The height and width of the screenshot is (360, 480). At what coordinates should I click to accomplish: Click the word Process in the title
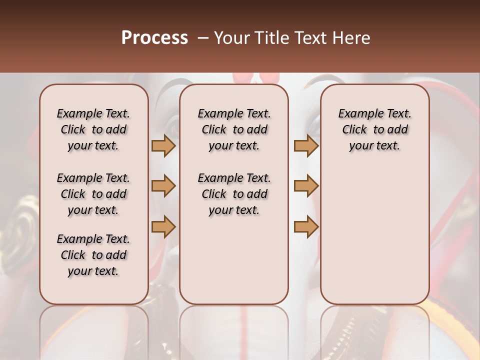pyautogui.click(x=154, y=38)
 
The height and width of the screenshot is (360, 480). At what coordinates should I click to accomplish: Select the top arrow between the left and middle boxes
pyautogui.click(x=163, y=145)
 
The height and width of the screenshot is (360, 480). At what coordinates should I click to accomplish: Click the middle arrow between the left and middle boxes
pyautogui.click(x=163, y=186)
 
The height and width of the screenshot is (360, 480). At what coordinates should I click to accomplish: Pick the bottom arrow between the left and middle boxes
pyautogui.click(x=163, y=226)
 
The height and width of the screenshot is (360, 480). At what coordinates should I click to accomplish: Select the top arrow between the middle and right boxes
pyautogui.click(x=306, y=145)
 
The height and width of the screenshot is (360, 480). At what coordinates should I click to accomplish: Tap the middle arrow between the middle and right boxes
pyautogui.click(x=306, y=186)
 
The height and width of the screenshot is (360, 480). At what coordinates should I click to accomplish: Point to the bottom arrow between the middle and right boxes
pyautogui.click(x=306, y=226)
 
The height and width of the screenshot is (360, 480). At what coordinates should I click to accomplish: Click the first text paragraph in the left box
pyautogui.click(x=93, y=129)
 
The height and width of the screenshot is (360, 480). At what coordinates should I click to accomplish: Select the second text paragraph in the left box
pyautogui.click(x=93, y=194)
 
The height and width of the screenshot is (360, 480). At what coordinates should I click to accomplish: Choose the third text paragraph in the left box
pyautogui.click(x=93, y=255)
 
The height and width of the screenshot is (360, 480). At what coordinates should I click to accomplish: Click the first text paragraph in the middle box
pyautogui.click(x=234, y=129)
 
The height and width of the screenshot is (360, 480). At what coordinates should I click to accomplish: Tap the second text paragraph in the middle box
pyautogui.click(x=234, y=194)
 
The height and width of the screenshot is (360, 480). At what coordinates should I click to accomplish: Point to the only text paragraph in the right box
pyautogui.click(x=374, y=129)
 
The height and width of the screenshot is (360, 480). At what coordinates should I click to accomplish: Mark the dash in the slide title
pyautogui.click(x=203, y=38)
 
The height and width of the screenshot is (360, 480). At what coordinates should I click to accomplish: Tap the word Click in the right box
pyautogui.click(x=354, y=130)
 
